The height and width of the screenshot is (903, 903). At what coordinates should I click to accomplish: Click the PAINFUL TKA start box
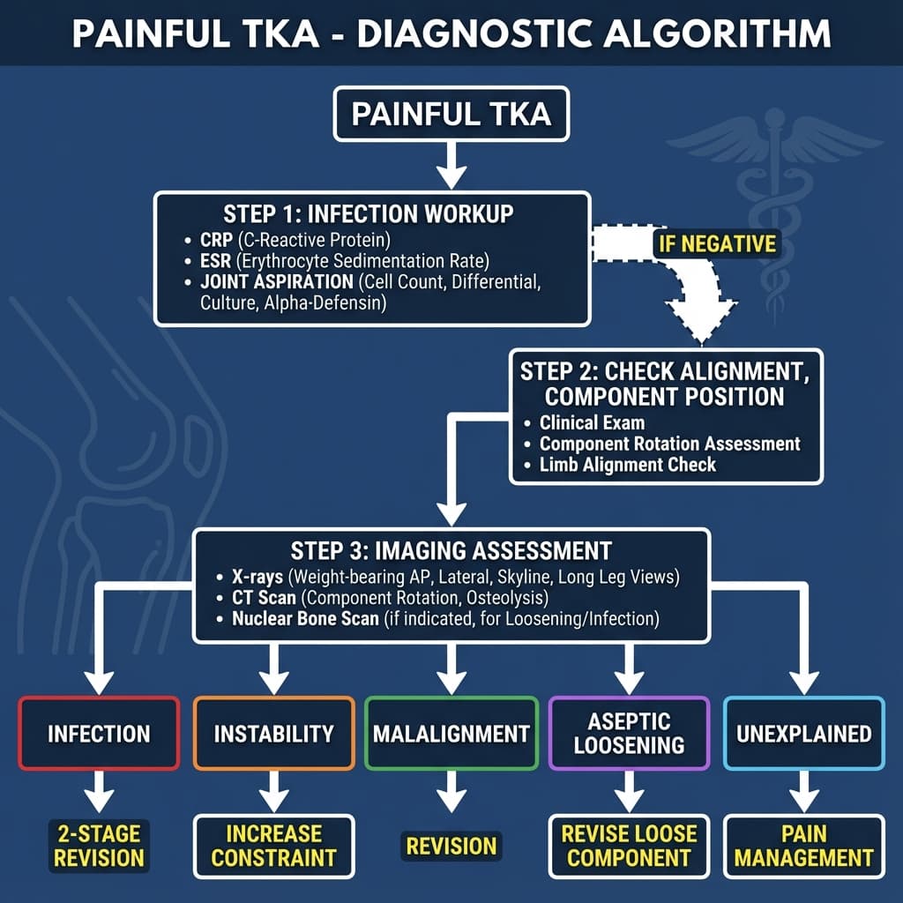[451, 116]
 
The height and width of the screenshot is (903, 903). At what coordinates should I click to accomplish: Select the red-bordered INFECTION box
[99, 733]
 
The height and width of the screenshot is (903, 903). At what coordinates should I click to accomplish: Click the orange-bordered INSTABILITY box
[273, 733]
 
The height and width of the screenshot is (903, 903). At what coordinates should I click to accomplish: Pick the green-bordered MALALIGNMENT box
[451, 733]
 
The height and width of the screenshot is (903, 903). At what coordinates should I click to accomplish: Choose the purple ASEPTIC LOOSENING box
[629, 733]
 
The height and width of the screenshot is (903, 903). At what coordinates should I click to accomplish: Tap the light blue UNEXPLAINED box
[803, 733]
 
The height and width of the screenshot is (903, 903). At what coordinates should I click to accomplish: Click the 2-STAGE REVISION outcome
[99, 845]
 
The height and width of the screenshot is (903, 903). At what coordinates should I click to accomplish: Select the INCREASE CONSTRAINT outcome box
[273, 845]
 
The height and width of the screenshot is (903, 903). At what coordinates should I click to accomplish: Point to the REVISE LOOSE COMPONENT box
[629, 845]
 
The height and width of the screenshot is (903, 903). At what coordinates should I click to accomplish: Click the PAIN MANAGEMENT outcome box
[803, 845]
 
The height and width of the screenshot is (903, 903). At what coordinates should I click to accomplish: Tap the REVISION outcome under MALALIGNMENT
[451, 846]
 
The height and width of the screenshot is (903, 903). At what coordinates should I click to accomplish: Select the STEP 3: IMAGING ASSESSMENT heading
[451, 551]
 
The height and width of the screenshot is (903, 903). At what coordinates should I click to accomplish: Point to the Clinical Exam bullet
[592, 422]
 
